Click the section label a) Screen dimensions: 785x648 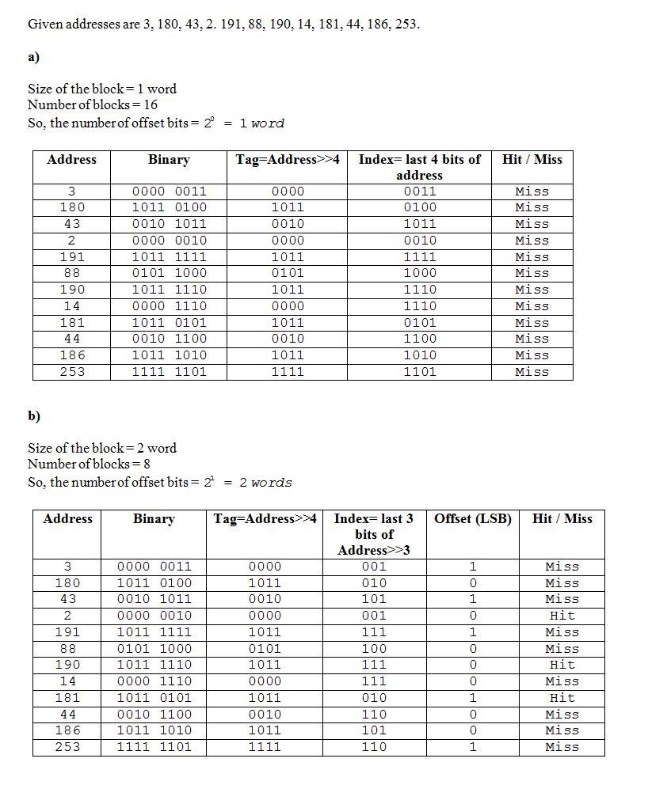33,57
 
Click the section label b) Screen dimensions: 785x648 34,416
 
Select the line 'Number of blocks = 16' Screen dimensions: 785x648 92,104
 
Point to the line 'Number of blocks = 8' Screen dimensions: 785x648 89,464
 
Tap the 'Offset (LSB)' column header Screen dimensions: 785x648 472,519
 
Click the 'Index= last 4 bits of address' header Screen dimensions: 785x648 419,167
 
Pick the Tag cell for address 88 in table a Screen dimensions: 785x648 288,273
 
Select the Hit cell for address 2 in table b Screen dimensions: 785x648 562,616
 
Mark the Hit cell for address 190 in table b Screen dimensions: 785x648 562,665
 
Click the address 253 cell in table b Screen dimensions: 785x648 67,747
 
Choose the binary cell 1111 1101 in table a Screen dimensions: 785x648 169,372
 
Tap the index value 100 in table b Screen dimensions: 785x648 374,649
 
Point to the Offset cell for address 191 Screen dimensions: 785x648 472,632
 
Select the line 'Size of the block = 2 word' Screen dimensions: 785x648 102,448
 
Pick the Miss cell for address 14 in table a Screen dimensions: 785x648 532,306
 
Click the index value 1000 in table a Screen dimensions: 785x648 419,273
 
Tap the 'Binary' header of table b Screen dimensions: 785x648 154,519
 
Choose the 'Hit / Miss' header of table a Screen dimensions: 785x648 532,160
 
